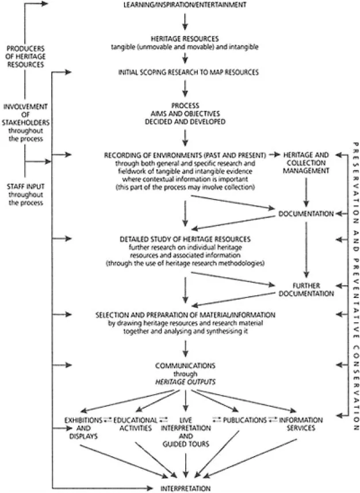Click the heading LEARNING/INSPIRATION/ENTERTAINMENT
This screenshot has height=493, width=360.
(185, 5)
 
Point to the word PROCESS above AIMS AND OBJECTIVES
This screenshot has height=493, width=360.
(185, 106)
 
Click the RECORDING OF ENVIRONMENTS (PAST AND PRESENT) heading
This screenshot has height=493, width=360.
(185, 155)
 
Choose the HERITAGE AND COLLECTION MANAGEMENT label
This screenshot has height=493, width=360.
(306, 163)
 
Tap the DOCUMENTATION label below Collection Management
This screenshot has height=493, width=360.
(306, 214)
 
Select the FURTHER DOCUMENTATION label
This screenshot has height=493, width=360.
(306, 289)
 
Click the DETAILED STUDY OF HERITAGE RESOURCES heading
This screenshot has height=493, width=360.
(185, 238)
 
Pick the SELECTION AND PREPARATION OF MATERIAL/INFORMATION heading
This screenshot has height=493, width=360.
(185, 316)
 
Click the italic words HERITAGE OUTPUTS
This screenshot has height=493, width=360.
(185, 381)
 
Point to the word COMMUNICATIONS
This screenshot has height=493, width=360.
(185, 365)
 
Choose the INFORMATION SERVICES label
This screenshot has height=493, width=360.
(301, 424)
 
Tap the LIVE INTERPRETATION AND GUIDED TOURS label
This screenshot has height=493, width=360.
(185, 432)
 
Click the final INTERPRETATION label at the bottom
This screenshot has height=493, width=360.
(185, 488)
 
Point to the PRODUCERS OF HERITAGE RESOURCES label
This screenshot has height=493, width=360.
(24, 56)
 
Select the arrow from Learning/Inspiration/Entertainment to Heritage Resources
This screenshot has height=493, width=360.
(185, 21)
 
